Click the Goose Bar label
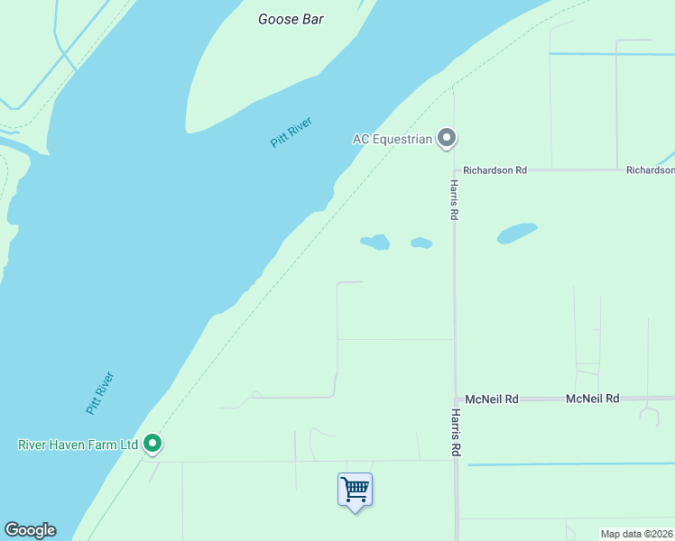[291, 19]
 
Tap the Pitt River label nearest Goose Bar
[291, 132]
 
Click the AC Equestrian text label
[392, 139]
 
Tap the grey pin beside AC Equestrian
[446, 138]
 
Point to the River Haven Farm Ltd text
[78, 445]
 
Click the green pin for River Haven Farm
[153, 443]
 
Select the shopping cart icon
[356, 490]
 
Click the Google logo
[30, 530]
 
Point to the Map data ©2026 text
[637, 534]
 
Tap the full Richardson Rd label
[495, 170]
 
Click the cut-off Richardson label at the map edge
[651, 170]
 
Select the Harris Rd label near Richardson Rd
[455, 199]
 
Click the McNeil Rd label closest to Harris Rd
[492, 399]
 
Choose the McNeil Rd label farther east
[592, 399]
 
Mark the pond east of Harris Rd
[517, 233]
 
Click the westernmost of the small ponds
[375, 242]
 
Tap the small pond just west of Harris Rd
[421, 243]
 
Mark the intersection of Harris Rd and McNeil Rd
[455, 399]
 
